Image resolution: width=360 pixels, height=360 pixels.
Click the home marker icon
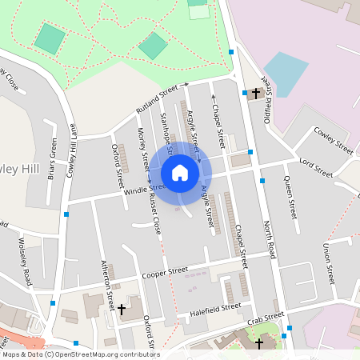(180, 173)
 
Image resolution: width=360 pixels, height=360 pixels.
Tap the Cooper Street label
(164, 273)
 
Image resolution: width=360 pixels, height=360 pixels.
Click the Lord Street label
(315, 167)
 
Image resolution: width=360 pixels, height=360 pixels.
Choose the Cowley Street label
(333, 140)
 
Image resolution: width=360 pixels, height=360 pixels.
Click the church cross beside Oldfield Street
(256, 94)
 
